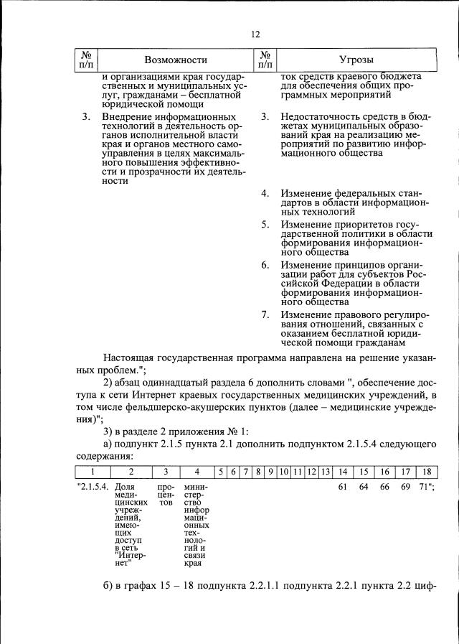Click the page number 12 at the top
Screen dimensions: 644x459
pos(256,34)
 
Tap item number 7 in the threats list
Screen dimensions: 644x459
pos(265,314)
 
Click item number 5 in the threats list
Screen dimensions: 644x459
pos(265,225)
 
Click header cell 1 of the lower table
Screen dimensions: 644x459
pos(92,471)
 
